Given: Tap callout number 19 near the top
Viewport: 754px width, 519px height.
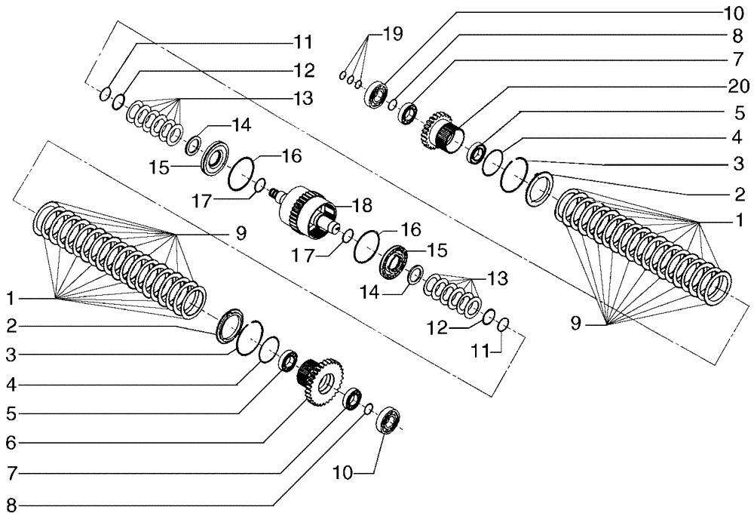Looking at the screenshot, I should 392,33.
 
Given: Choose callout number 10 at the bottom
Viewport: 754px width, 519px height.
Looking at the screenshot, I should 343,473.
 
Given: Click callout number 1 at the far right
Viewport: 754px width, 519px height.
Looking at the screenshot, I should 740,221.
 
